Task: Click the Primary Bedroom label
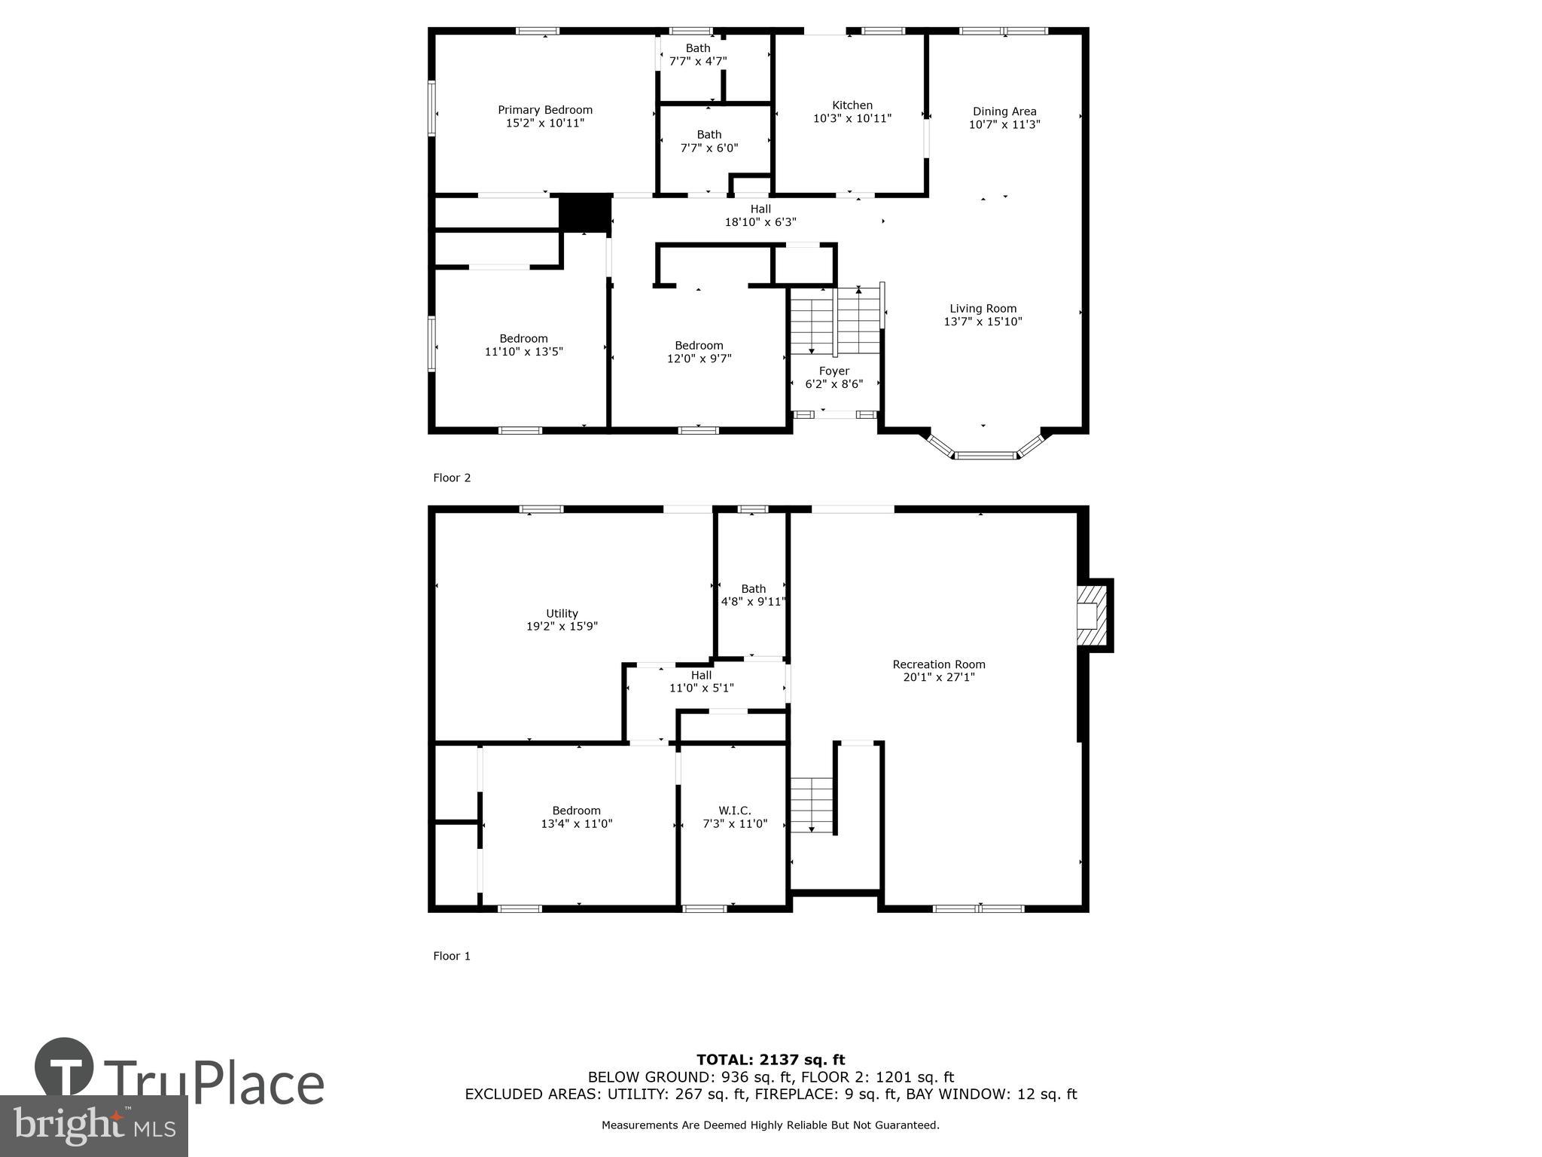(545, 110)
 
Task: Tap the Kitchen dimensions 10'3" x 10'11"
(852, 118)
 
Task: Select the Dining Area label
(1004, 111)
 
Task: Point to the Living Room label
(983, 308)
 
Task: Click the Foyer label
(833, 371)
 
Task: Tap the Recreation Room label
(938, 664)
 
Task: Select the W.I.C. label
(734, 811)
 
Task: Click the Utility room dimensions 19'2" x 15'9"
(562, 626)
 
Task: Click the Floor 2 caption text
(452, 478)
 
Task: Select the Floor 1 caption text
(452, 956)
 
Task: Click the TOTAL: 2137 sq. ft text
(770, 1060)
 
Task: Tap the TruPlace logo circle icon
(64, 1067)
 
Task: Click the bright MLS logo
(93, 1125)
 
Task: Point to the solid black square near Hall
(584, 213)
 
